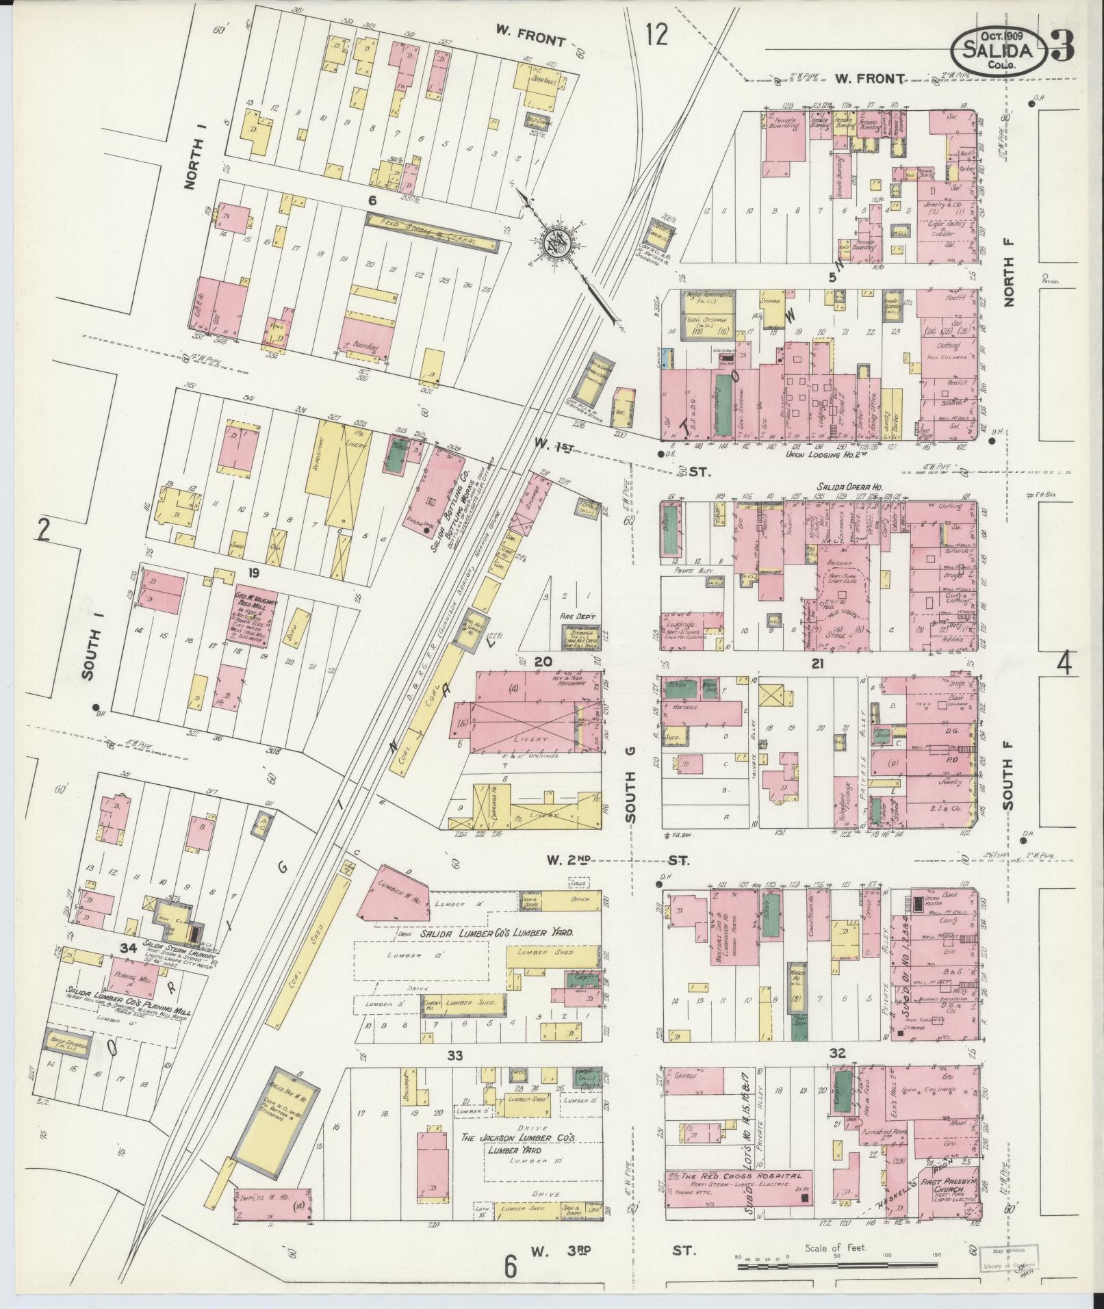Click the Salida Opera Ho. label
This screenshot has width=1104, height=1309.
click(x=849, y=486)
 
